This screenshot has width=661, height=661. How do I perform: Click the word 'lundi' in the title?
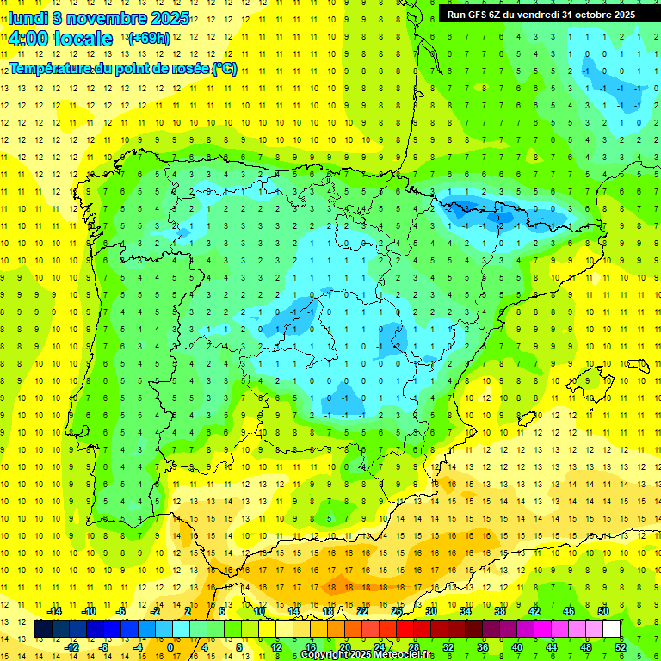28,17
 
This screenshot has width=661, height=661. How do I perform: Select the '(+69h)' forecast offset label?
147,39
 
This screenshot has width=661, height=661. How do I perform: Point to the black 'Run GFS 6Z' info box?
541,15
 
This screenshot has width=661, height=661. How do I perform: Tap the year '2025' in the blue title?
170,17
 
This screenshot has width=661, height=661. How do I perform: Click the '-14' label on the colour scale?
55,611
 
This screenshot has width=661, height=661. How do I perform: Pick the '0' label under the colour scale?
170,647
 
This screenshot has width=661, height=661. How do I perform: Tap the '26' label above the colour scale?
397,611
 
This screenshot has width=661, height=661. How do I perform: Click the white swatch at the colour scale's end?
613,629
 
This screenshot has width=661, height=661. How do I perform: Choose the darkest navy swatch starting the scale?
43,629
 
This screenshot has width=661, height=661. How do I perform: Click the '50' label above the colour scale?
603,611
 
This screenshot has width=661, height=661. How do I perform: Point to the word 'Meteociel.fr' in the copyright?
405,655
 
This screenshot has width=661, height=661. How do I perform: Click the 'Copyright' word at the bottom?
327,655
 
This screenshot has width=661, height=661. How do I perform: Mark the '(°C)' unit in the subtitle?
224,68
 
